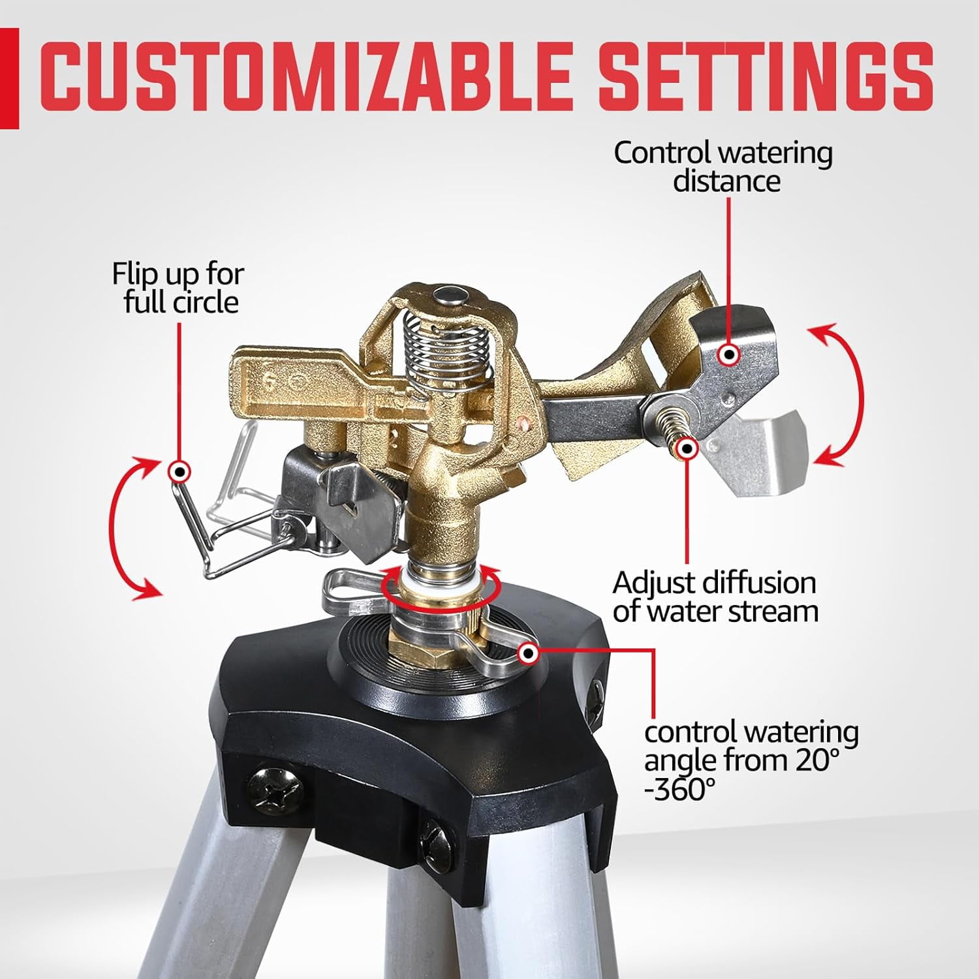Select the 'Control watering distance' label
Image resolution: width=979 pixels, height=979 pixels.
tap(723, 166)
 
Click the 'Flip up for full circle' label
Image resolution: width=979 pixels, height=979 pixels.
tap(178, 288)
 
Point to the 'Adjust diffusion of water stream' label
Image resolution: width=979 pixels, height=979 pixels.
tap(715, 597)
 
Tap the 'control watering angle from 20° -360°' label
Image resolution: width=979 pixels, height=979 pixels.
tap(751, 761)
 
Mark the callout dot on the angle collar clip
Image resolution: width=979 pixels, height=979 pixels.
tap(527, 653)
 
